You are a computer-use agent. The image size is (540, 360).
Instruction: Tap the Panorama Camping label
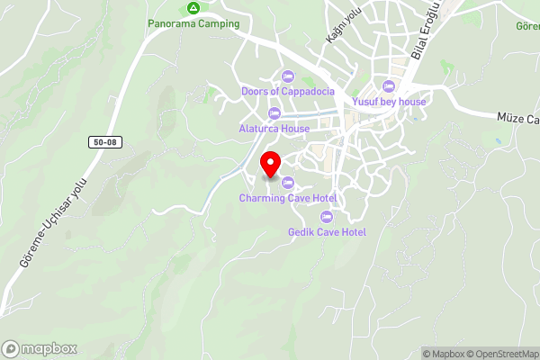pyautogui.click(x=194, y=23)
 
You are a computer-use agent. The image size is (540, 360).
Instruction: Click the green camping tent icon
pyautogui.click(x=193, y=8)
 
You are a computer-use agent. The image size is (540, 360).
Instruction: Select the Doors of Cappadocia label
pyautogui.click(x=288, y=92)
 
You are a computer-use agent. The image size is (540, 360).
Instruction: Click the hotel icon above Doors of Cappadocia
pyautogui.click(x=288, y=76)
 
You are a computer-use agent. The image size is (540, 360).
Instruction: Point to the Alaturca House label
pyautogui.click(x=274, y=129)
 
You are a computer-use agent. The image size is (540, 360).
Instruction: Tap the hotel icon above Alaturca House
pyautogui.click(x=274, y=112)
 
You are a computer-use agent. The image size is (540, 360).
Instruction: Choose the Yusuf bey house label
pyautogui.click(x=389, y=102)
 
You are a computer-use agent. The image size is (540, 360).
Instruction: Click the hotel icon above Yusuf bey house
pyautogui.click(x=389, y=86)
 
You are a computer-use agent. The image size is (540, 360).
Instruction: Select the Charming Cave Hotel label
pyautogui.click(x=288, y=198)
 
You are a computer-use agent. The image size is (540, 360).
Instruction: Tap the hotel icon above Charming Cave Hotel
pyautogui.click(x=288, y=183)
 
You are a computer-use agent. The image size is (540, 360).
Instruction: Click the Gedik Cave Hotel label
pyautogui.click(x=327, y=231)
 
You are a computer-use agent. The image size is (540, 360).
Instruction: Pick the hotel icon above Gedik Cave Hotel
pyautogui.click(x=327, y=216)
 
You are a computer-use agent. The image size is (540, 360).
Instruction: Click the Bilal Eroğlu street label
pyautogui.click(x=424, y=31)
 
